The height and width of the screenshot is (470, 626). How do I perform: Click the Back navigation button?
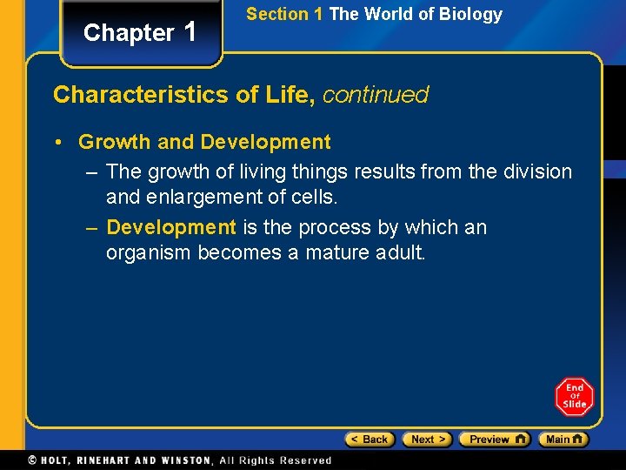coord(370,440)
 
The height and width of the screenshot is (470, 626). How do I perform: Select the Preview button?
coord(494,440)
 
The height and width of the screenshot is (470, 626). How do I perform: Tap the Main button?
coord(563,440)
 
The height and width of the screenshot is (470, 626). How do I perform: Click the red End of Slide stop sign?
coord(574,397)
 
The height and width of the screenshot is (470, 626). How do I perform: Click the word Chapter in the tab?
coord(129,33)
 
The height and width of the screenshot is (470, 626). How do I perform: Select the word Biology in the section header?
coord(470,14)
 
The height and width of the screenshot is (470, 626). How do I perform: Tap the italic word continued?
coord(376,95)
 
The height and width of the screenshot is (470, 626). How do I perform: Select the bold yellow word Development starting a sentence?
coord(170,228)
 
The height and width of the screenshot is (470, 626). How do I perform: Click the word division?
coord(537,171)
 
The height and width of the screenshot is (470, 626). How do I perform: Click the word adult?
coord(400,253)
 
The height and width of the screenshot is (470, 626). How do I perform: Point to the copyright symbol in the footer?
coord(32,460)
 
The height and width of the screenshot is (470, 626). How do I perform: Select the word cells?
coord(313,198)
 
